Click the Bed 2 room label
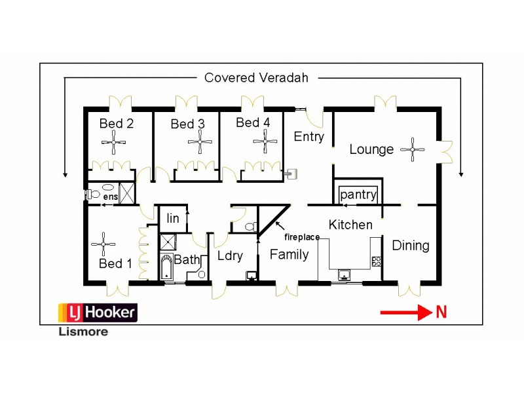[117, 123]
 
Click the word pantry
[358, 195]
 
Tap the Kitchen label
[350, 225]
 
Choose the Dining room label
[411, 246]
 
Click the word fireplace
[301, 237]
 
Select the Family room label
[289, 254]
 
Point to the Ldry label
[230, 256]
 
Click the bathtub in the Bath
[166, 269]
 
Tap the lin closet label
[173, 218]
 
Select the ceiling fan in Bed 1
[103, 244]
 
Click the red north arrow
[406, 313]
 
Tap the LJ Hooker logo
[98, 312]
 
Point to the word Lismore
[83, 331]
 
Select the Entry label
[309, 137]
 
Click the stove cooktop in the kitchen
[377, 261]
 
